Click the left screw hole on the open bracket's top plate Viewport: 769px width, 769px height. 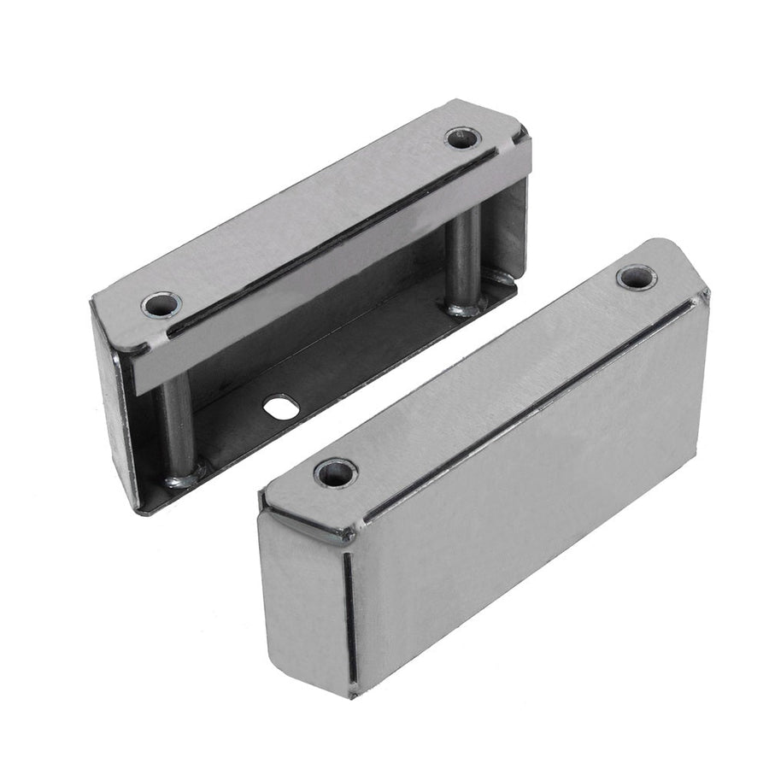click(161, 303)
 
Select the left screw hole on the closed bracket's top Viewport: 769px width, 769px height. click(335, 472)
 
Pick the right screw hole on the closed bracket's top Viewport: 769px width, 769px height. click(636, 277)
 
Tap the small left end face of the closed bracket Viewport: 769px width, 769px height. click(303, 598)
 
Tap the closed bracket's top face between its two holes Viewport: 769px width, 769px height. click(487, 367)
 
